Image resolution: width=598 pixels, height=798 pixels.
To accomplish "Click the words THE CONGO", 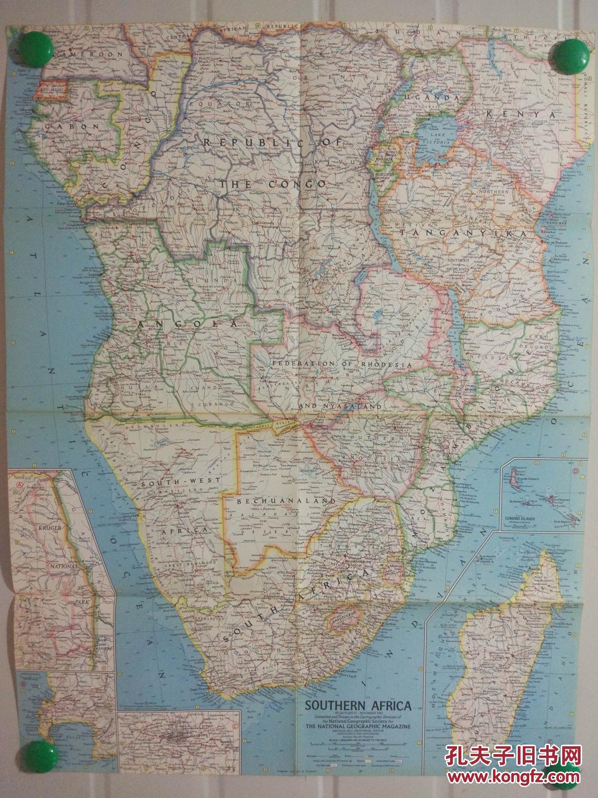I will coord(273,184).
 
